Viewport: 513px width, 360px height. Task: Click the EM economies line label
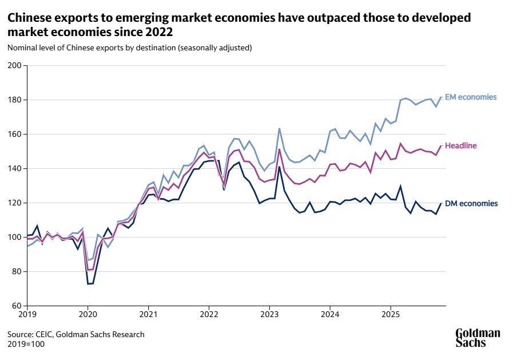tap(471, 97)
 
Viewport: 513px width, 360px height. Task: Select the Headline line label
tap(460, 146)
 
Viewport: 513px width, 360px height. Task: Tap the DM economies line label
tap(471, 204)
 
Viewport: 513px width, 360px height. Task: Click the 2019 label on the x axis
tap(27, 314)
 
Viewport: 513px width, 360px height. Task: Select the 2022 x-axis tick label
tap(209, 314)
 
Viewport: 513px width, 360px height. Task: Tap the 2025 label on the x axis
tap(391, 314)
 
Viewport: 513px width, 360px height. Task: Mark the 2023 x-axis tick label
tap(269, 314)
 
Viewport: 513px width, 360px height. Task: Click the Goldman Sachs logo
tap(478, 338)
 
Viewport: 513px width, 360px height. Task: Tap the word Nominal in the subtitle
tap(22, 48)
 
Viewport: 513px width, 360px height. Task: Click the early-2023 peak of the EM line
tap(279, 128)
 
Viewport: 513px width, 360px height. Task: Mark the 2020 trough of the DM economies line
tap(90, 284)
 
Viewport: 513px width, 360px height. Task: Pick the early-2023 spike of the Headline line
tap(279, 149)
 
